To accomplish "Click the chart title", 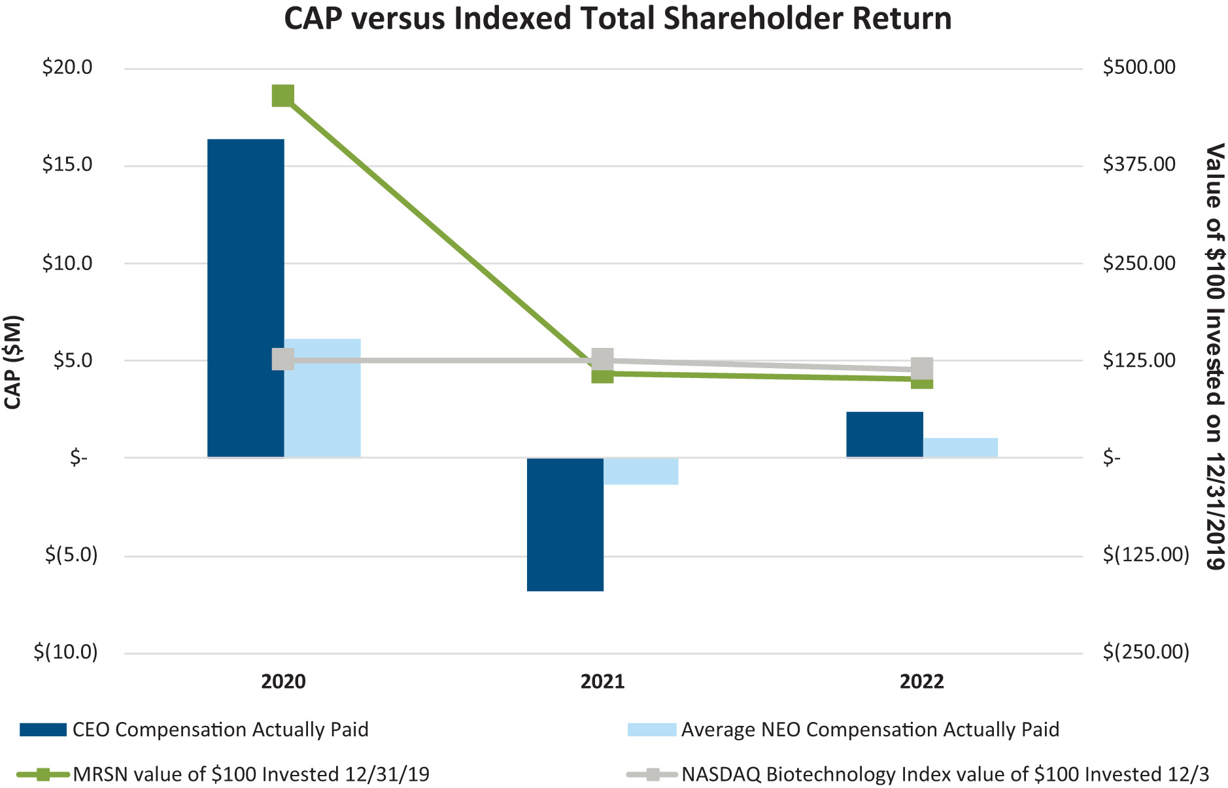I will coord(617,19).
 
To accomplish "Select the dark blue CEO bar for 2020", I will coord(245,298).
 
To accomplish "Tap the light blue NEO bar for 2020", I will coord(322,398).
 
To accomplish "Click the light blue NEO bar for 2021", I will coord(641,471).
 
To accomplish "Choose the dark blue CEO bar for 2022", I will coord(884,434).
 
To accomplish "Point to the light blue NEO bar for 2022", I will coord(960,447).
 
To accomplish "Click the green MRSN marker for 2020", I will coord(282,95).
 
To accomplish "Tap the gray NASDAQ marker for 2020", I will coord(282,359).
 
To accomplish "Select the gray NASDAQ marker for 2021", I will coord(602,358).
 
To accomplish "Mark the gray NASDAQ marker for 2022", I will coord(922,368).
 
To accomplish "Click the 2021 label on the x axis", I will coord(602,682).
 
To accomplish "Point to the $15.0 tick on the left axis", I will coord(67,164).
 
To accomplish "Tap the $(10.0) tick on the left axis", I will coord(65,652).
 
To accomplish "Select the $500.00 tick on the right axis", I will coord(1138,67).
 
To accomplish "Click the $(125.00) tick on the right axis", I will coord(1146,555).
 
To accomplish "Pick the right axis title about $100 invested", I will coord(1214,356).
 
